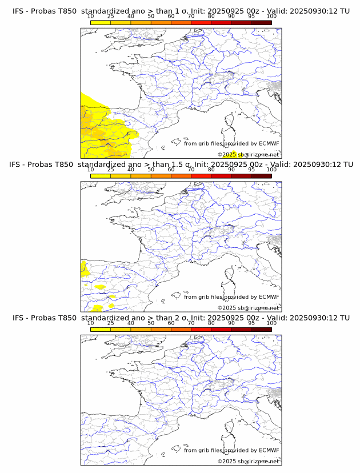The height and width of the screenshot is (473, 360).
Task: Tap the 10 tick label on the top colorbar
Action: tap(91, 17)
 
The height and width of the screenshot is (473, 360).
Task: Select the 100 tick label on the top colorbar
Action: tap(271, 17)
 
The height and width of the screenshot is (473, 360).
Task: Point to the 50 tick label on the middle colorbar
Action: tap(151, 170)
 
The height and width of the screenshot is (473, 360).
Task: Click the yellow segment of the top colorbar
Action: tap(101, 22)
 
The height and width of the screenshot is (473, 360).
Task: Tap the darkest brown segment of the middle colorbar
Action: tap(261, 175)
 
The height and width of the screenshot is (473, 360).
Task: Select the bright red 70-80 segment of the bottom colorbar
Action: tap(201, 329)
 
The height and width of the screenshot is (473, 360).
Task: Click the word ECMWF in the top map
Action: tap(269, 143)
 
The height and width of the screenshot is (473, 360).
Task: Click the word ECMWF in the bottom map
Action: tap(269, 450)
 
